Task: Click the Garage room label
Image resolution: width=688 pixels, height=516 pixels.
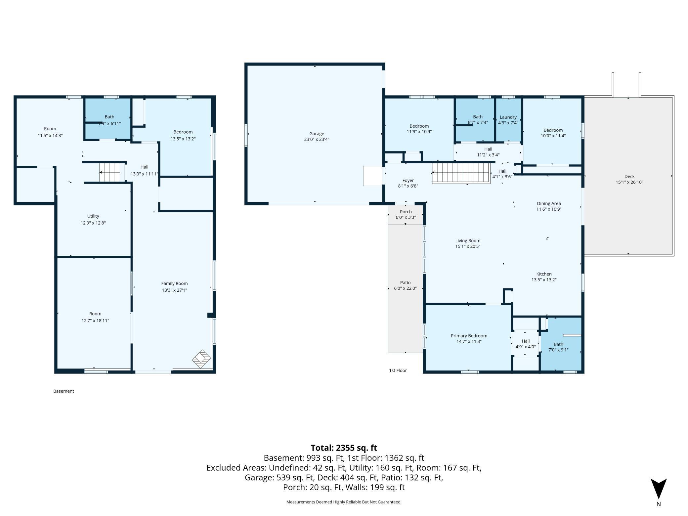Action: pos(317,134)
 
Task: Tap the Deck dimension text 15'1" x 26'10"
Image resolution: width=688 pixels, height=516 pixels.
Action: pos(629,182)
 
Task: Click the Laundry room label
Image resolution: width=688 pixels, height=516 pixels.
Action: pos(508,117)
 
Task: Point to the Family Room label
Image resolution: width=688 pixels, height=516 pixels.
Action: pos(174,283)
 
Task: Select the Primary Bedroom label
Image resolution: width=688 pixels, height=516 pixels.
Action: pos(469,336)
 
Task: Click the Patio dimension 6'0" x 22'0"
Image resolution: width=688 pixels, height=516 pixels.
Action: pos(405,288)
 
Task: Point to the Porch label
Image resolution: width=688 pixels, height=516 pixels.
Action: pos(406,212)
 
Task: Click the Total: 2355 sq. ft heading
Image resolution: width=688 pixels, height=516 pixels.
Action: pos(344,448)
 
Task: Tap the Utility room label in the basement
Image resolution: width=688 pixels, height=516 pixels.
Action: pos(93,216)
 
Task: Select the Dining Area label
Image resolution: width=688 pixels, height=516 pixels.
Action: pos(549,203)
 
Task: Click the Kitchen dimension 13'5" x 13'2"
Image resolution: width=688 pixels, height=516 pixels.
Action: pos(544,280)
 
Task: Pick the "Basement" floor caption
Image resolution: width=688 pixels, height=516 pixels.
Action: pos(64,391)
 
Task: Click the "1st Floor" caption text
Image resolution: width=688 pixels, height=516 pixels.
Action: pos(398,370)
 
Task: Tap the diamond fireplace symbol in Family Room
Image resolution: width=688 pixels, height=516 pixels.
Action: pos(201,359)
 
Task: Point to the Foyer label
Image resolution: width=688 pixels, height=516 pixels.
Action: pos(408,181)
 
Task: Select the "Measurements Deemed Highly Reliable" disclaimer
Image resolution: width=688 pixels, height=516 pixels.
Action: pos(344,502)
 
